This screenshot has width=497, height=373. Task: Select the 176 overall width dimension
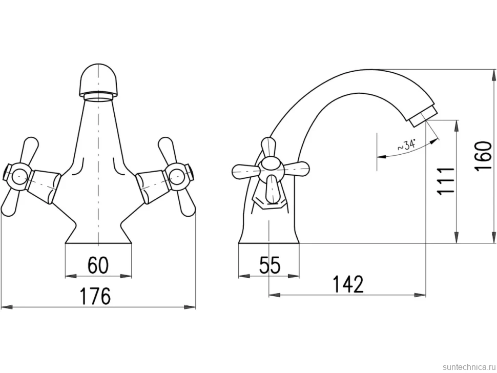[x=95, y=296]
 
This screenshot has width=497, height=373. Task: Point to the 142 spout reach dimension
[x=348, y=284]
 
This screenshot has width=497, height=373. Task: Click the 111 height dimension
[x=445, y=181]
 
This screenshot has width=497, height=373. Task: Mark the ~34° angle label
[x=406, y=146]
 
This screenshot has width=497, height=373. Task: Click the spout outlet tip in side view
[x=423, y=116]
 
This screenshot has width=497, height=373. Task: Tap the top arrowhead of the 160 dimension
[x=494, y=75]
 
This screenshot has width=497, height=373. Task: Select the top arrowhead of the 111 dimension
[x=456, y=126]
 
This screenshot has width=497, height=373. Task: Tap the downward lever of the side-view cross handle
[x=272, y=189]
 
